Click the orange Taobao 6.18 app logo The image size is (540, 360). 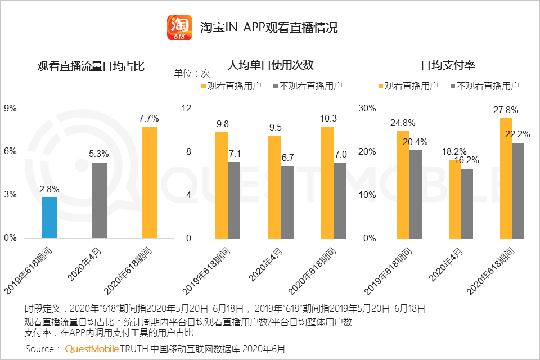click(179, 26)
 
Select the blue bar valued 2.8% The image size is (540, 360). click(49, 218)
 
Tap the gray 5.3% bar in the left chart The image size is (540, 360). click(100, 200)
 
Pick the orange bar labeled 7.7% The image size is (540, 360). click(149, 182)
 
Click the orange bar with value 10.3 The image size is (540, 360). click(327, 182)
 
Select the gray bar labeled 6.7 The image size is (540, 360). click(287, 202)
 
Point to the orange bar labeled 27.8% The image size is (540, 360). click(506, 178)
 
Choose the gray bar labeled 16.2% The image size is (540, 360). click(467, 203)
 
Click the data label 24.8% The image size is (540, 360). click(402, 123)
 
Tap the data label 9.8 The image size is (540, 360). click(222, 124)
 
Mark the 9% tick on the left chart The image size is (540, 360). click(11, 108)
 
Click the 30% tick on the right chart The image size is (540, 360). click(368, 108)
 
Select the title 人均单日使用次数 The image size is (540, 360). click(271, 65)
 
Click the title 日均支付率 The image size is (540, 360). click(448, 65)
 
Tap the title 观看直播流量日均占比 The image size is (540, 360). click(91, 66)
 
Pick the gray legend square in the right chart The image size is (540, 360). click(453, 86)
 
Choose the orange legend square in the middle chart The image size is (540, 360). click(204, 86)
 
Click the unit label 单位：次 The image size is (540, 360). click(191, 74)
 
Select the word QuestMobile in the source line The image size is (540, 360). click(92, 349)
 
